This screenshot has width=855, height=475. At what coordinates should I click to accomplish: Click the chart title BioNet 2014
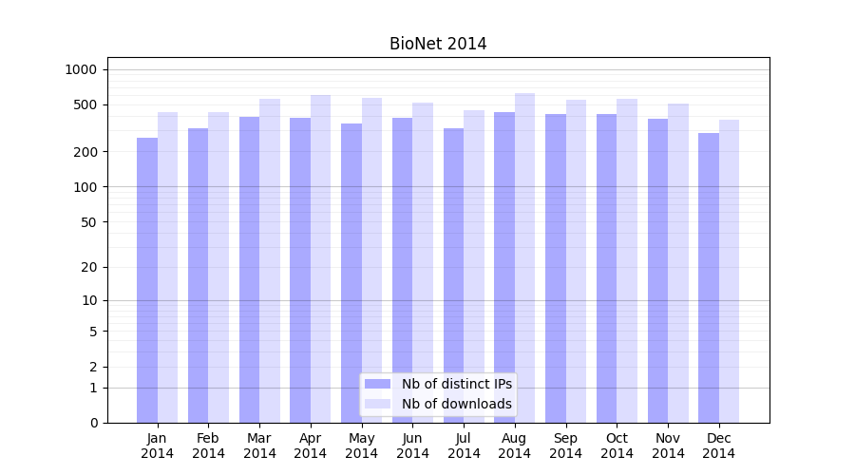point(438,44)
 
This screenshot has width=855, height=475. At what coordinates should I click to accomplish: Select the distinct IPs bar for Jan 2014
point(147,280)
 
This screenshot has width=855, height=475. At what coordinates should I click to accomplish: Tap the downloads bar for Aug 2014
point(524,257)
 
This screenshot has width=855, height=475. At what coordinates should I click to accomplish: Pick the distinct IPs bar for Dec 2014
point(709,277)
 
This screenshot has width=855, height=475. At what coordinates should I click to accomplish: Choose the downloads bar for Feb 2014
point(218,267)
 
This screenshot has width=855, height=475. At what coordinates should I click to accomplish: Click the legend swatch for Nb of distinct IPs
point(377,384)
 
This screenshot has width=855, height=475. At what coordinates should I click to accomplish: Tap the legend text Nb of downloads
point(457,404)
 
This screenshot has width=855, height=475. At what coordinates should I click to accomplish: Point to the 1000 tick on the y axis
point(81,69)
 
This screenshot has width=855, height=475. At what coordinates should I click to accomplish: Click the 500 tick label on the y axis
point(85,104)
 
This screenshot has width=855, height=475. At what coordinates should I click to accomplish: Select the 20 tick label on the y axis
point(88,267)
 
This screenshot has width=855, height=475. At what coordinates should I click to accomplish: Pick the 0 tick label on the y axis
point(93,423)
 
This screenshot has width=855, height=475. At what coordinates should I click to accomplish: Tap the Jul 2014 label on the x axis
point(464,446)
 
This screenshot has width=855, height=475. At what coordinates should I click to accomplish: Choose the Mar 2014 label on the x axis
point(259,446)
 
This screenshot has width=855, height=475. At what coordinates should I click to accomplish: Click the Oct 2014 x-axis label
point(617,446)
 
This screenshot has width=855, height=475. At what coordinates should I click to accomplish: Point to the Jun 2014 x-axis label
point(412,446)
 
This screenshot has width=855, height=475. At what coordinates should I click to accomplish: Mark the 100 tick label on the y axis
point(85,187)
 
